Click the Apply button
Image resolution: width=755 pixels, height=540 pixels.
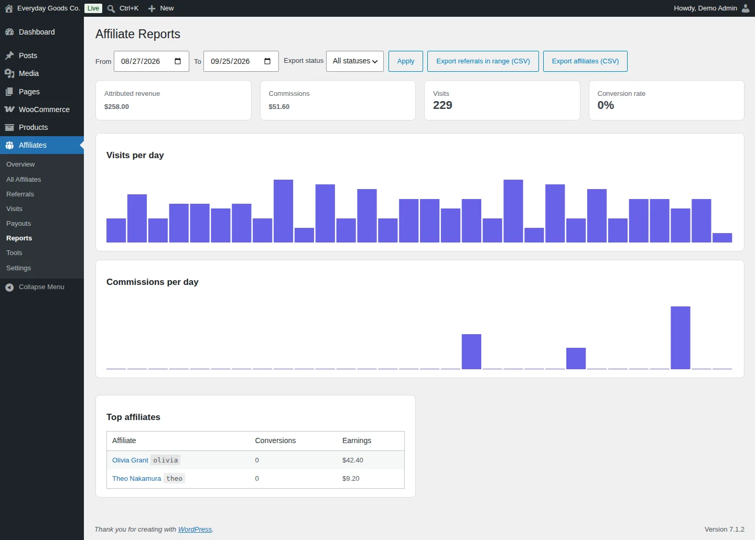pyautogui.click(x=405, y=61)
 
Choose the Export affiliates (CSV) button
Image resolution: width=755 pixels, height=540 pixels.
pyautogui.click(x=585, y=61)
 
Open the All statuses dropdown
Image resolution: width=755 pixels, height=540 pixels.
pyautogui.click(x=354, y=61)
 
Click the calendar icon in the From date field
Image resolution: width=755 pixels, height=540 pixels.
pyautogui.click(x=178, y=61)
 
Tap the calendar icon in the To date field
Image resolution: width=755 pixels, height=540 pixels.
pyautogui.click(x=267, y=61)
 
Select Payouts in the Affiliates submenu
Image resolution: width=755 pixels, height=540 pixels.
pyautogui.click(x=18, y=224)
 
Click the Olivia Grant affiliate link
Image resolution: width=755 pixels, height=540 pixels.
pyautogui.click(x=130, y=460)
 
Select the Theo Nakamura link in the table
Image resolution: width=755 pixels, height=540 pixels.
pyautogui.click(x=136, y=479)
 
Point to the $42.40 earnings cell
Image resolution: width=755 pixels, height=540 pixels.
pyautogui.click(x=352, y=460)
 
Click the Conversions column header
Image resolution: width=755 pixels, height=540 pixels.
pyautogui.click(x=275, y=440)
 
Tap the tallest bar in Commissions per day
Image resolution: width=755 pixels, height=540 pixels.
pyautogui.click(x=680, y=338)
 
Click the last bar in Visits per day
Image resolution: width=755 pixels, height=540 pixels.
pyautogui.click(x=722, y=238)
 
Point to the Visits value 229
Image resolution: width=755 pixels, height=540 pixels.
pyautogui.click(x=443, y=105)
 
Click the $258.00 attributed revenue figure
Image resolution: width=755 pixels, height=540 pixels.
pyautogui.click(x=116, y=107)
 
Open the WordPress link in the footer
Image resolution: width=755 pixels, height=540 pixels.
pyautogui.click(x=195, y=530)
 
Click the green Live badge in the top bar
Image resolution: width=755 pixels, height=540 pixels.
pyautogui.click(x=93, y=8)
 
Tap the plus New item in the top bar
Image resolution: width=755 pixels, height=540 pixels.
pyautogui.click(x=161, y=8)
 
